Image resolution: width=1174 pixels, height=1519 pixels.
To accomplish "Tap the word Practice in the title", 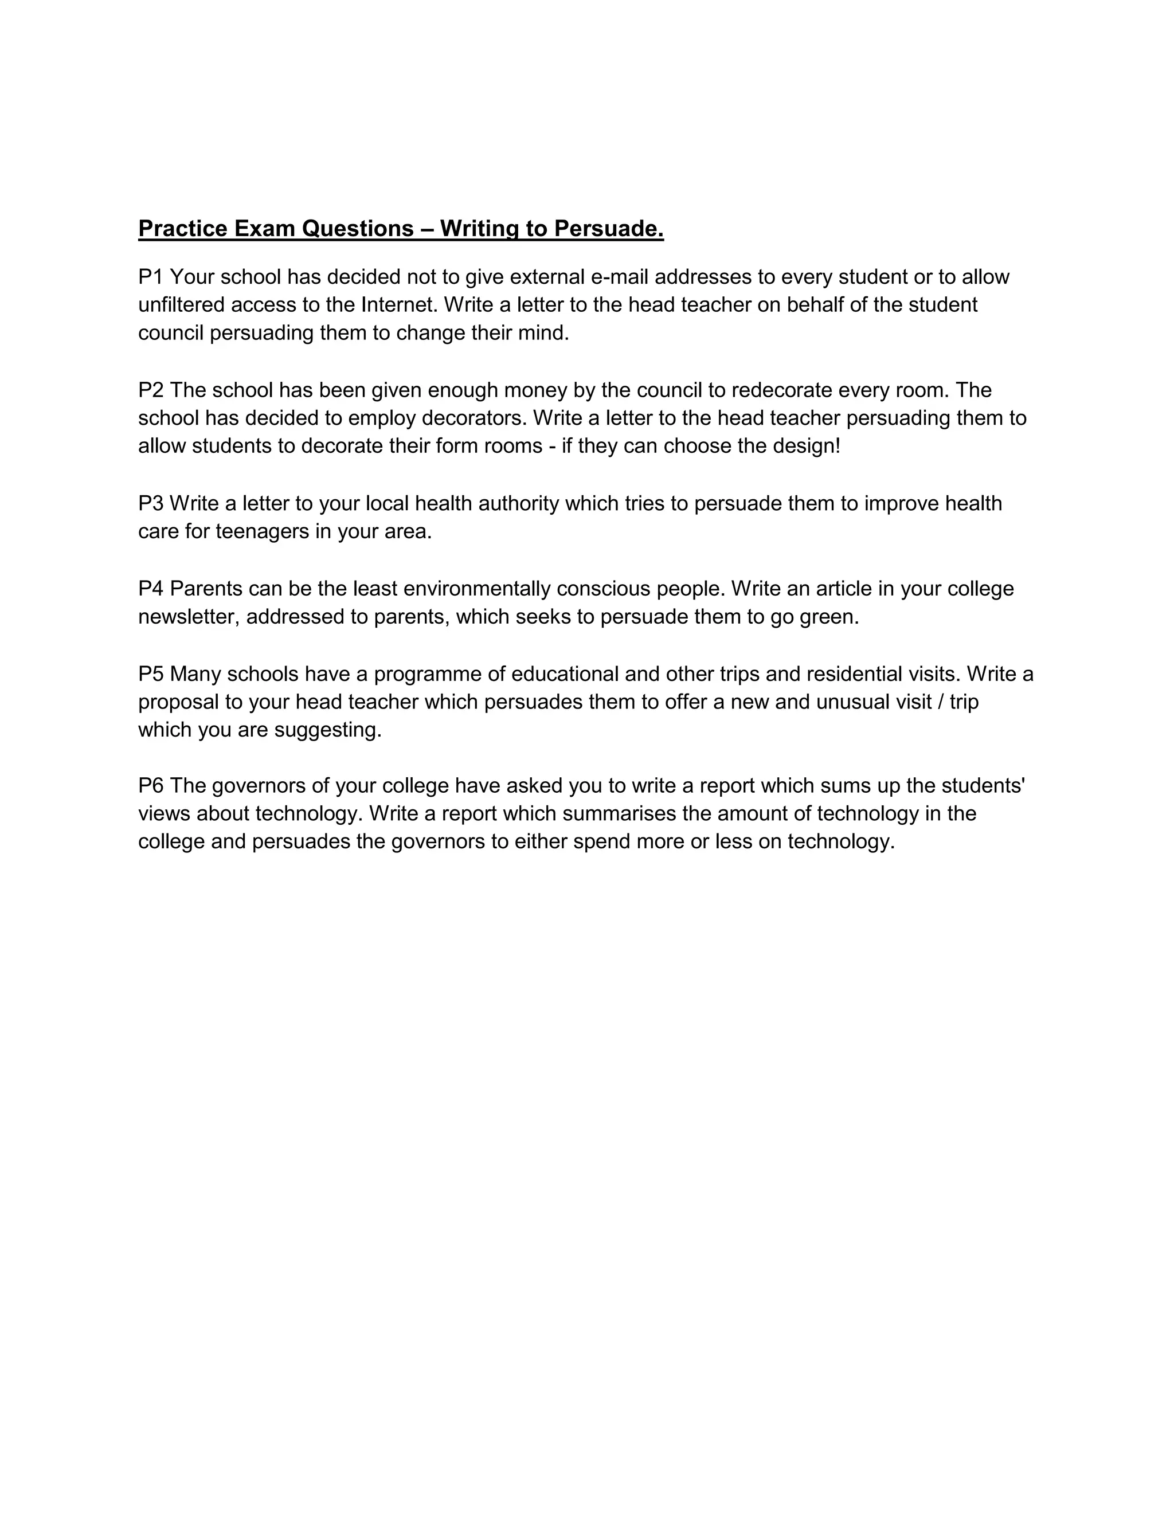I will (183, 228).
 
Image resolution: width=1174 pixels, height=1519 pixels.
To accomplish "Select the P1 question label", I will (151, 277).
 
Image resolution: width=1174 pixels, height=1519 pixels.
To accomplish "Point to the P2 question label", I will (151, 390).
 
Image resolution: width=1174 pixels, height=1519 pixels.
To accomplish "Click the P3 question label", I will (151, 503).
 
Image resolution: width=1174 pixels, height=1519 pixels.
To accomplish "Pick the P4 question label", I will (151, 589).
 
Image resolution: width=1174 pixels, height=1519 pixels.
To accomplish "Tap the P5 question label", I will (151, 674).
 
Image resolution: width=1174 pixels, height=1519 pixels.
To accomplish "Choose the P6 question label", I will (151, 786).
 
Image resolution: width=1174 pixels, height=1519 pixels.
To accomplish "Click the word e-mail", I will (619, 277).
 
